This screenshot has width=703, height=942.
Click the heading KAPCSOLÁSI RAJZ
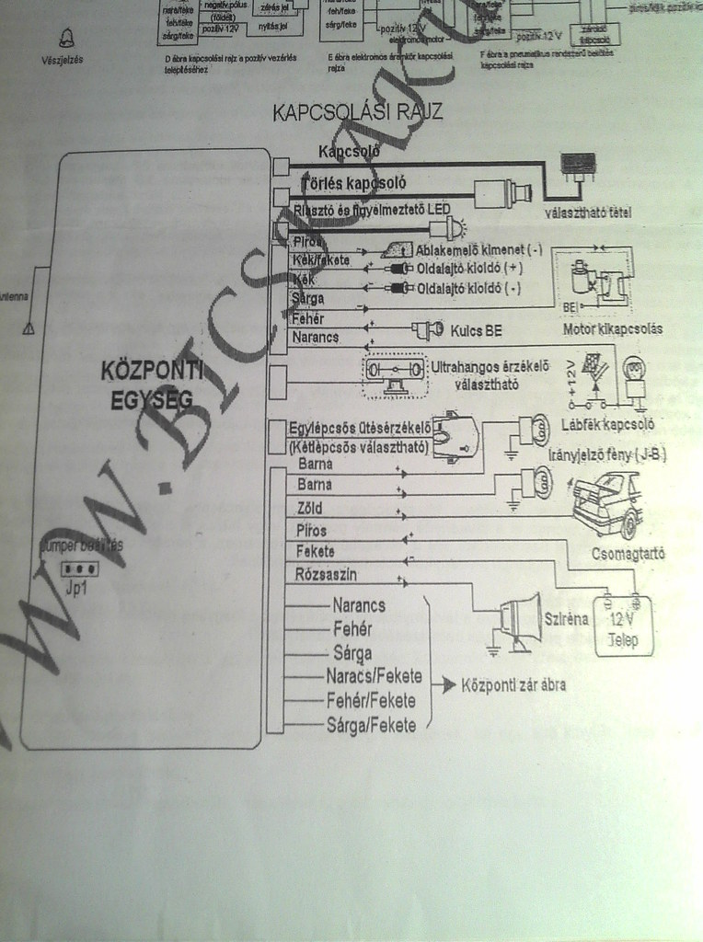pyautogui.click(x=358, y=112)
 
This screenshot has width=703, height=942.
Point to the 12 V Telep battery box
pyautogui.click(x=625, y=626)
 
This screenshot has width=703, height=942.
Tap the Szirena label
pyautogui.click(x=566, y=619)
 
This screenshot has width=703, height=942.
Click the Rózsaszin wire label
pyautogui.click(x=326, y=575)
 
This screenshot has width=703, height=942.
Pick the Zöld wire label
pyautogui.click(x=311, y=508)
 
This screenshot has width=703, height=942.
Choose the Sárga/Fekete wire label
pyautogui.click(x=371, y=726)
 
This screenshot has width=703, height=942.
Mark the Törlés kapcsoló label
pyautogui.click(x=353, y=183)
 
